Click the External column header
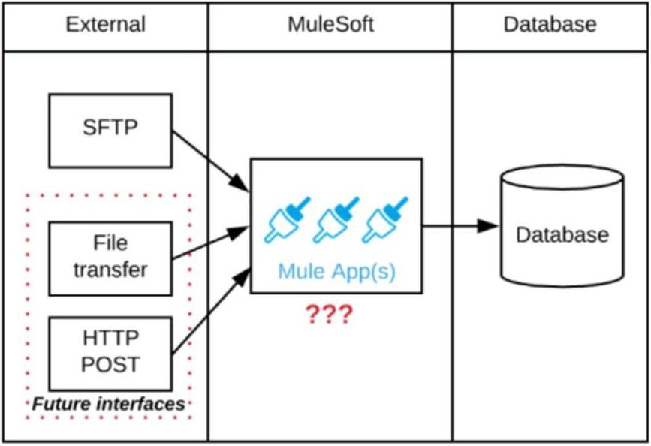coord(104,25)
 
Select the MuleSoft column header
coord(330,25)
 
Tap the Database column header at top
coord(550,25)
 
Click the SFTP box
coord(110,130)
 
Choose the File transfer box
coord(110,258)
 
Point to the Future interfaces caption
coord(108,404)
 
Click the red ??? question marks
coord(328,315)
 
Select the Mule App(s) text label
coord(336,270)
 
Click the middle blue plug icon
coord(336,220)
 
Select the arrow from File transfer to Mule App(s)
coord(210,245)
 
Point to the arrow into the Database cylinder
coord(460,225)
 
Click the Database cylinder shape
coord(562,234)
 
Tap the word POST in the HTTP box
coord(111,365)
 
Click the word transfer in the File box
coord(110,270)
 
